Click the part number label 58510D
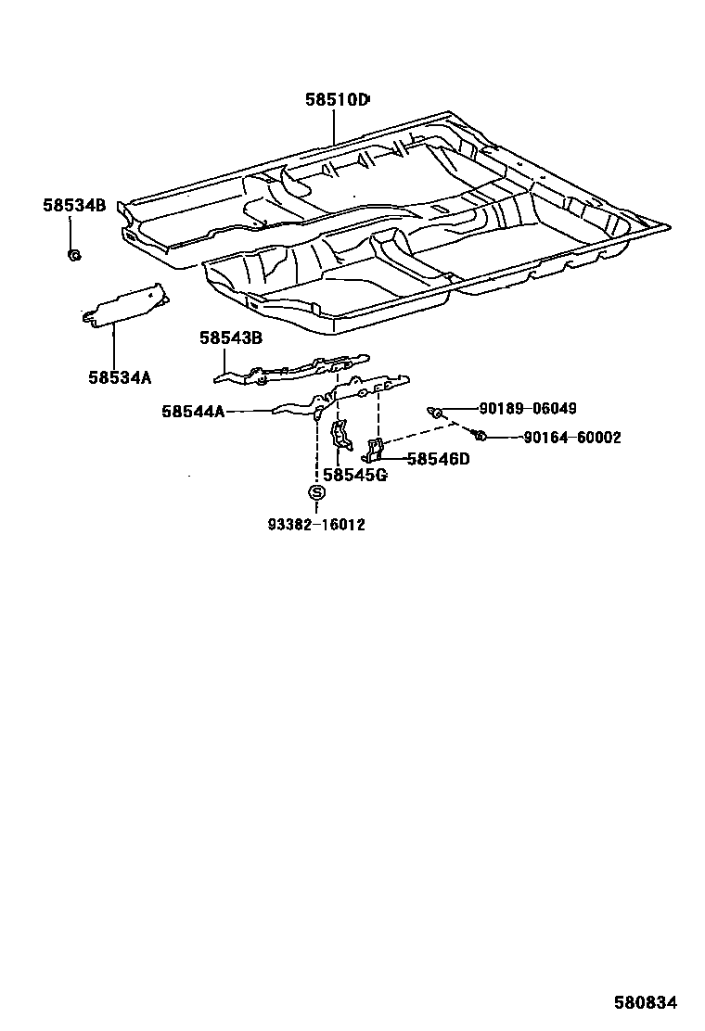(337, 99)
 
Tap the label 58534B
(74, 205)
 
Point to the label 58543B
(231, 338)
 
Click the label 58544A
(193, 411)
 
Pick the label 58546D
(438, 458)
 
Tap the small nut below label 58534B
(74, 255)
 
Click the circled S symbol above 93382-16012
(316, 493)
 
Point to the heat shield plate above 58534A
(122, 306)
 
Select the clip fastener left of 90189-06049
(434, 410)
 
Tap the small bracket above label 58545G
(340, 436)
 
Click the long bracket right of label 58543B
(297, 369)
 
